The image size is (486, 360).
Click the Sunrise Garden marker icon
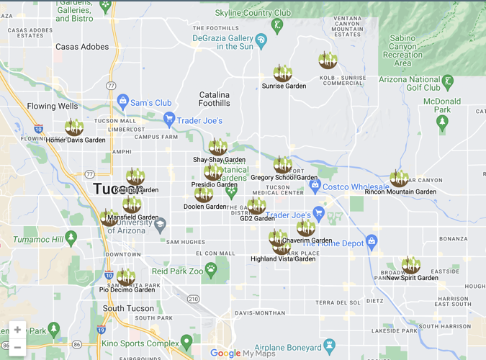tap(283, 73)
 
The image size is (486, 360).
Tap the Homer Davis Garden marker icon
tap(74, 127)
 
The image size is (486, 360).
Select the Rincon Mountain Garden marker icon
tap(399, 178)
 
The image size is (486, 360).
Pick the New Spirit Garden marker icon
tap(411, 265)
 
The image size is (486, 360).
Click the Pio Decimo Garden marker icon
tap(126, 277)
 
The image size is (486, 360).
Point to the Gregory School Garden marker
tap(283, 165)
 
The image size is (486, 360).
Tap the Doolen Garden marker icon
tap(204, 194)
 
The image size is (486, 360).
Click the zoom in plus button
tap(17, 330)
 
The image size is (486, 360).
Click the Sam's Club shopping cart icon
tap(122, 102)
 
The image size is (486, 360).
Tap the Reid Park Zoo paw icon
tap(211, 271)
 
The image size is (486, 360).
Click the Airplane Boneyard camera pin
tap(330, 346)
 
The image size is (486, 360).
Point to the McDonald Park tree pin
tap(442, 122)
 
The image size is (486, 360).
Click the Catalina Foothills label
tap(215, 99)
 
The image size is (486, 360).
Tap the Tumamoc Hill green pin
tap(71, 237)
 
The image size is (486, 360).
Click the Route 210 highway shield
tap(193, 299)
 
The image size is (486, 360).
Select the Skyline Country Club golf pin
tap(277, 26)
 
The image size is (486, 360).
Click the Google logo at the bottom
tap(225, 353)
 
